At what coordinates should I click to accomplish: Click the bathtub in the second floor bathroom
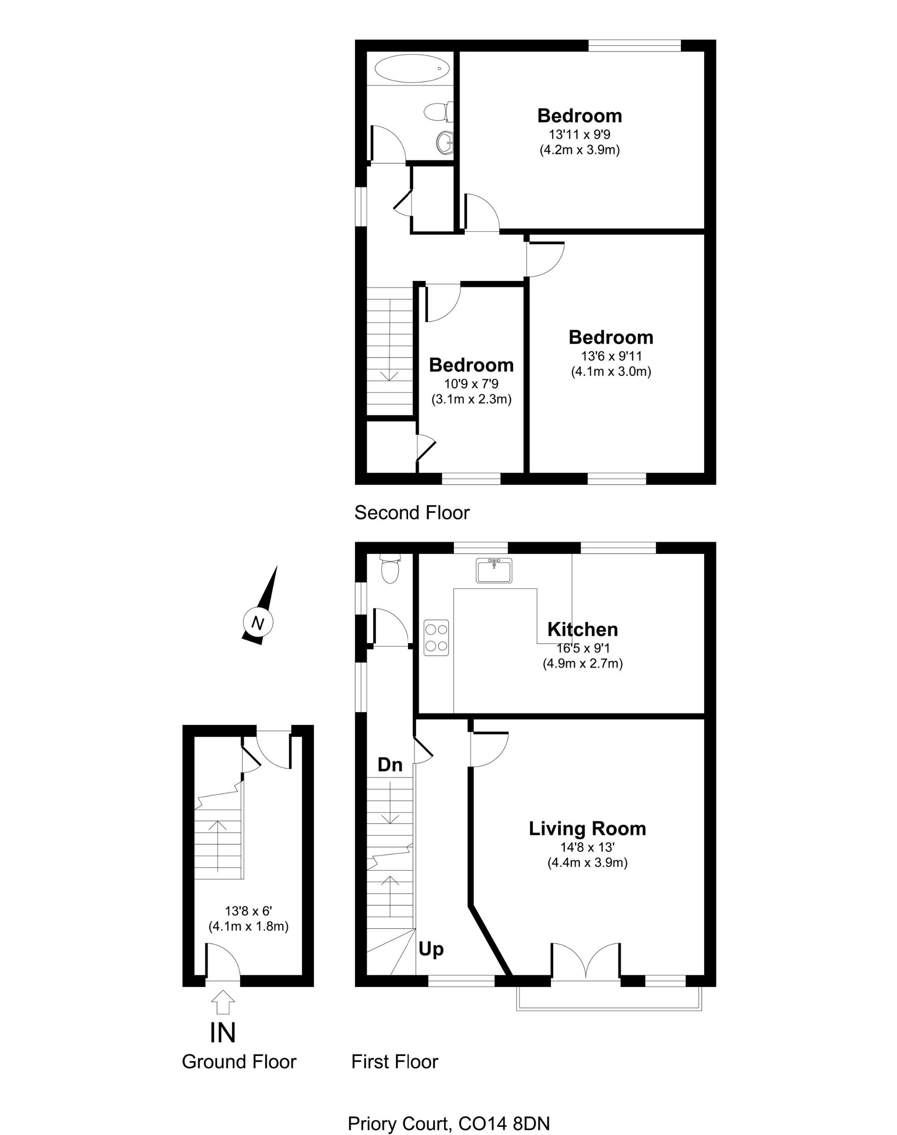[412, 69]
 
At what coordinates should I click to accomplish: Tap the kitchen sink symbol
[494, 570]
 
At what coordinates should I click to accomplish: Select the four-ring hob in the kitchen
[436, 637]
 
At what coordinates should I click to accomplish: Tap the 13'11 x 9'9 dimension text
[579, 134]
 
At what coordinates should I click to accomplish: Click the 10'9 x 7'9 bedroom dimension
[471, 384]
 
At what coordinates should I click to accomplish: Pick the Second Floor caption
[412, 513]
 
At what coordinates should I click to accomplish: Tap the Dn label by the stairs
[390, 765]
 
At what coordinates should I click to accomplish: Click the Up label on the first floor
[431, 950]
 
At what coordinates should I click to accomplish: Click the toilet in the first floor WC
[390, 570]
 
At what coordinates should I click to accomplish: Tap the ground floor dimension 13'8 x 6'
[248, 911]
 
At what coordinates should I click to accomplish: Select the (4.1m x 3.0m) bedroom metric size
[611, 372]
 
